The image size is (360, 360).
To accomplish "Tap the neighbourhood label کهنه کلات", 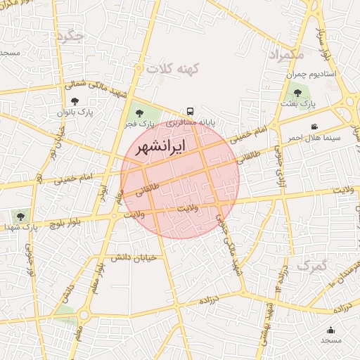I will click(173, 68).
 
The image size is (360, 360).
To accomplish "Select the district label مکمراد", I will click(286, 54).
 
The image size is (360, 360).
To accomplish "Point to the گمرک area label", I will click(312, 266).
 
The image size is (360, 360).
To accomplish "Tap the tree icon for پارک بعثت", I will click(297, 93).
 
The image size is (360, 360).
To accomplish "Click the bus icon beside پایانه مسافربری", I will click(190, 111).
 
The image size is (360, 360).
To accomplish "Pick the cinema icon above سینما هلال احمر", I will click(314, 127).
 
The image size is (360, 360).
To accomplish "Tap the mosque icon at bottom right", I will click(331, 330).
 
